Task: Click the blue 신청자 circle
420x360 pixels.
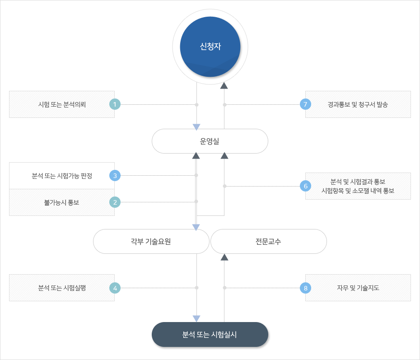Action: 210,47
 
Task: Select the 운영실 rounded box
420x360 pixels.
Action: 210,141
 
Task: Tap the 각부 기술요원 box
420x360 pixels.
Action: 151,241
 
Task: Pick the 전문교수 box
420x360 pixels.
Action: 268,241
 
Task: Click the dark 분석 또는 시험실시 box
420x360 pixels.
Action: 210,335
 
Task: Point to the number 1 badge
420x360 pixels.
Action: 115,104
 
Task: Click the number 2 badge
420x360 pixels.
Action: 115,202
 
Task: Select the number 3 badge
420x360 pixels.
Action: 115,175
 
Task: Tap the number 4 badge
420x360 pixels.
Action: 115,287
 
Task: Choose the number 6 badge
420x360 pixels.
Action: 306,186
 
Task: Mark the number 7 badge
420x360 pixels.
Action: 306,104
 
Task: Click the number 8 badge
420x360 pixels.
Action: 306,287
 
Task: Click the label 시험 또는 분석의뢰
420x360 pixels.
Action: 62,104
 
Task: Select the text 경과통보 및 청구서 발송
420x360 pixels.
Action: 358,104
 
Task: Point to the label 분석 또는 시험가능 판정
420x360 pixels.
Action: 62,176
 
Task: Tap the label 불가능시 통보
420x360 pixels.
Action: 62,202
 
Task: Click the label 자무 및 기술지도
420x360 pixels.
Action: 358,287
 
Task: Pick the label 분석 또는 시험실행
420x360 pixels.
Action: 62,287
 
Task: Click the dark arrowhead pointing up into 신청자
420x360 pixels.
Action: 224,86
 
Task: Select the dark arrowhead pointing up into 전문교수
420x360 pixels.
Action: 224,257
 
